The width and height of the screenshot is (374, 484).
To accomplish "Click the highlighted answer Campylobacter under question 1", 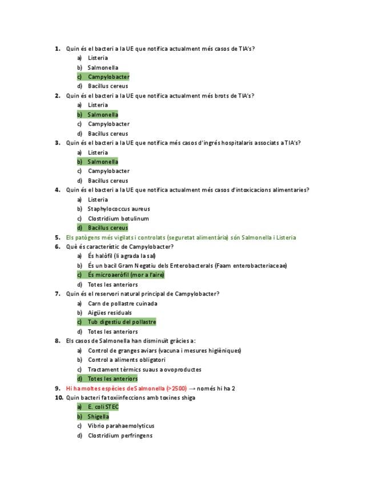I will point(108,76).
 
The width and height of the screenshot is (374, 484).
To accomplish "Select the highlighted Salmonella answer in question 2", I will point(103,114).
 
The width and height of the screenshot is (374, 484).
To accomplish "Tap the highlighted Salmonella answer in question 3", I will point(103,162).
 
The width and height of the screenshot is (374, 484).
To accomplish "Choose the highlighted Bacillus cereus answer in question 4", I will point(107,228).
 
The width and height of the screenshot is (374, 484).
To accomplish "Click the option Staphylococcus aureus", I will point(119,209).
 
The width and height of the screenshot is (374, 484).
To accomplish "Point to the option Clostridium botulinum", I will point(118,218).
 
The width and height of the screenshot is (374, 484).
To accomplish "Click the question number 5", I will point(58,237).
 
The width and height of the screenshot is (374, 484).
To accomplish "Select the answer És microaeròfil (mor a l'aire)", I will point(126,275).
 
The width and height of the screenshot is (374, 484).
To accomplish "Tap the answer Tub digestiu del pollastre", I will point(122,322).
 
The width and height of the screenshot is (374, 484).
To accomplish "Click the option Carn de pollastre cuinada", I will point(122,303).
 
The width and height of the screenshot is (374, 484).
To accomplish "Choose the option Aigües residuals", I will point(110,313).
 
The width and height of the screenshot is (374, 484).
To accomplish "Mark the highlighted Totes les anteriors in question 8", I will point(112,378).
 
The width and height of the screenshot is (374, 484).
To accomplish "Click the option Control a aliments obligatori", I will point(126,360).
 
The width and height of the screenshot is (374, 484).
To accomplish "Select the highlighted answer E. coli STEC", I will point(103,407).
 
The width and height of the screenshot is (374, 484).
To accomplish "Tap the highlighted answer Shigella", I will point(98,416).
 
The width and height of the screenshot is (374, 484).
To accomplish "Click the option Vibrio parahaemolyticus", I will point(120,426).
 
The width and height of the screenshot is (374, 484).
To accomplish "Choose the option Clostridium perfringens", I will point(120,435).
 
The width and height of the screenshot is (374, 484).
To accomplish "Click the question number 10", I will point(59,397).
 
